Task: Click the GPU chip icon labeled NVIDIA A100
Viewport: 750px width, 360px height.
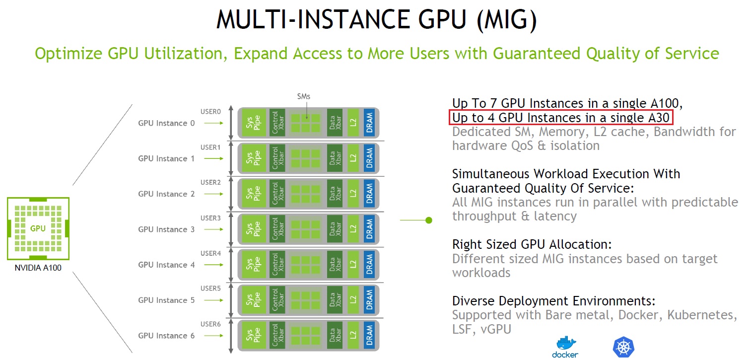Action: point(38,229)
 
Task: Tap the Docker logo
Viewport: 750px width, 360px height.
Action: point(565,346)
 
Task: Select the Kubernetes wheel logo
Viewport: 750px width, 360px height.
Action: point(624,347)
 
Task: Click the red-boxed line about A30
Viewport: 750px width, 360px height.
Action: point(561,118)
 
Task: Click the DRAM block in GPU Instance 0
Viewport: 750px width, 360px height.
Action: point(369,123)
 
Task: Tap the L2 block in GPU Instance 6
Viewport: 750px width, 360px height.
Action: point(353,335)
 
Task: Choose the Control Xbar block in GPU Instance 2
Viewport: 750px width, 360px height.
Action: point(277,194)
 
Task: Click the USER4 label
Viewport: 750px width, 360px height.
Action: point(210,253)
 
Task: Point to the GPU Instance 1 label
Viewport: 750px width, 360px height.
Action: point(166,159)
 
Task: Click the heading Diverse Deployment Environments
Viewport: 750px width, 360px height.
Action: point(554,301)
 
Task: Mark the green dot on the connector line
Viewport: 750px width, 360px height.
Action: point(429,219)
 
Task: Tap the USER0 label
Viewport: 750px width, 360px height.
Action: point(210,112)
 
